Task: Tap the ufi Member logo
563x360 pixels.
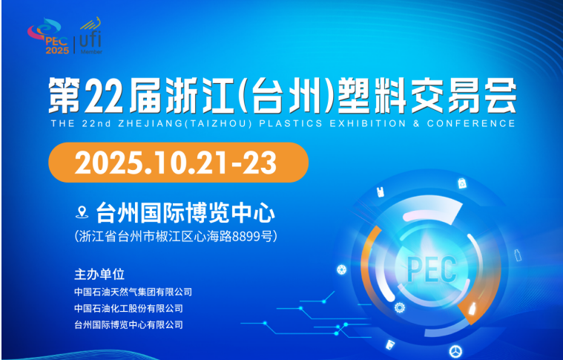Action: [90, 36]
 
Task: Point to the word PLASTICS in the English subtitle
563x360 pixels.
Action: [291, 124]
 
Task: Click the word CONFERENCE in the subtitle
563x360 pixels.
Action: [471, 124]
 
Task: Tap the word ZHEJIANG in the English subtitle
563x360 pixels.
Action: [151, 124]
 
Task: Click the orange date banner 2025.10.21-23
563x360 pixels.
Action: [179, 163]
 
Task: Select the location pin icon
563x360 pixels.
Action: [82, 212]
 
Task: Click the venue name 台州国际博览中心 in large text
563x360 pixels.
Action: [185, 213]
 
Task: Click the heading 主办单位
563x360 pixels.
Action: [99, 274]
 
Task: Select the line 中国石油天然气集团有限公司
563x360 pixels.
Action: [133, 292]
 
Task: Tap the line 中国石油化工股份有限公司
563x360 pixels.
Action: [128, 308]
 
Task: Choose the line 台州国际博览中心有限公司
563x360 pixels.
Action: [128, 325]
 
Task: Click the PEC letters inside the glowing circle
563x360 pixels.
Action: [432, 269]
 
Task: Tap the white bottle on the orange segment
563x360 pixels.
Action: [472, 309]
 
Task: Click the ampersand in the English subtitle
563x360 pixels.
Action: [417, 124]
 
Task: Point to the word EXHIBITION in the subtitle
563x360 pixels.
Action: [368, 124]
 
